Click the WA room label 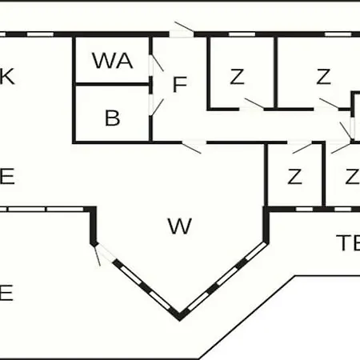point(113,61)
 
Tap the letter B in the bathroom point(112,118)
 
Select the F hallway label point(180,85)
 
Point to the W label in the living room point(180,226)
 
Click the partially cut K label point(7,77)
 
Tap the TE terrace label point(348,242)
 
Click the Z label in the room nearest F point(237,77)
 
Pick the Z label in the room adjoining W point(294,176)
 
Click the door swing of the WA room point(157,63)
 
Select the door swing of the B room point(157,107)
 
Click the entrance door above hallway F point(184,27)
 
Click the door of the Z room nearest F point(254,103)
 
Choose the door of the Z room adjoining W point(302,148)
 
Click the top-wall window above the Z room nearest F point(242,34)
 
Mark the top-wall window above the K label point(41,34)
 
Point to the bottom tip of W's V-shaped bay point(180,320)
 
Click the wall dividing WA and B point(112,85)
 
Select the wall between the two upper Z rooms point(276,73)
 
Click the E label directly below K point(7,176)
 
